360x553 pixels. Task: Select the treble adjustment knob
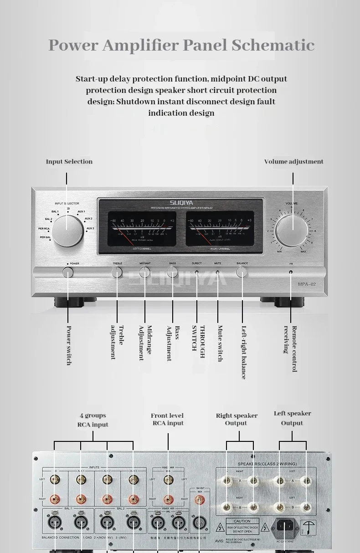[117, 272]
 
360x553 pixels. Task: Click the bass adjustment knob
[172, 272]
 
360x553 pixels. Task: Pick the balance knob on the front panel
[242, 272]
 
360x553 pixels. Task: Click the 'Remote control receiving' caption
[290, 348]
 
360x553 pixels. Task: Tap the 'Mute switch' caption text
[220, 343]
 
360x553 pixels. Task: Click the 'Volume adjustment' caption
[293, 162]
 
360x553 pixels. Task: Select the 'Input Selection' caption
[69, 162]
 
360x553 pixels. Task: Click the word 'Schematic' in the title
[273, 45]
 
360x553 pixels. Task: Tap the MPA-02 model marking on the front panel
[307, 284]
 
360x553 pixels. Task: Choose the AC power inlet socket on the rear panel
[284, 527]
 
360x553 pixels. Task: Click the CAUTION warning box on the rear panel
[242, 526]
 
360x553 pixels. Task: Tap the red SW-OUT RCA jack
[199, 500]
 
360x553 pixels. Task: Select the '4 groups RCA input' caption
[93, 420]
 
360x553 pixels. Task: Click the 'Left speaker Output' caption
[292, 418]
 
